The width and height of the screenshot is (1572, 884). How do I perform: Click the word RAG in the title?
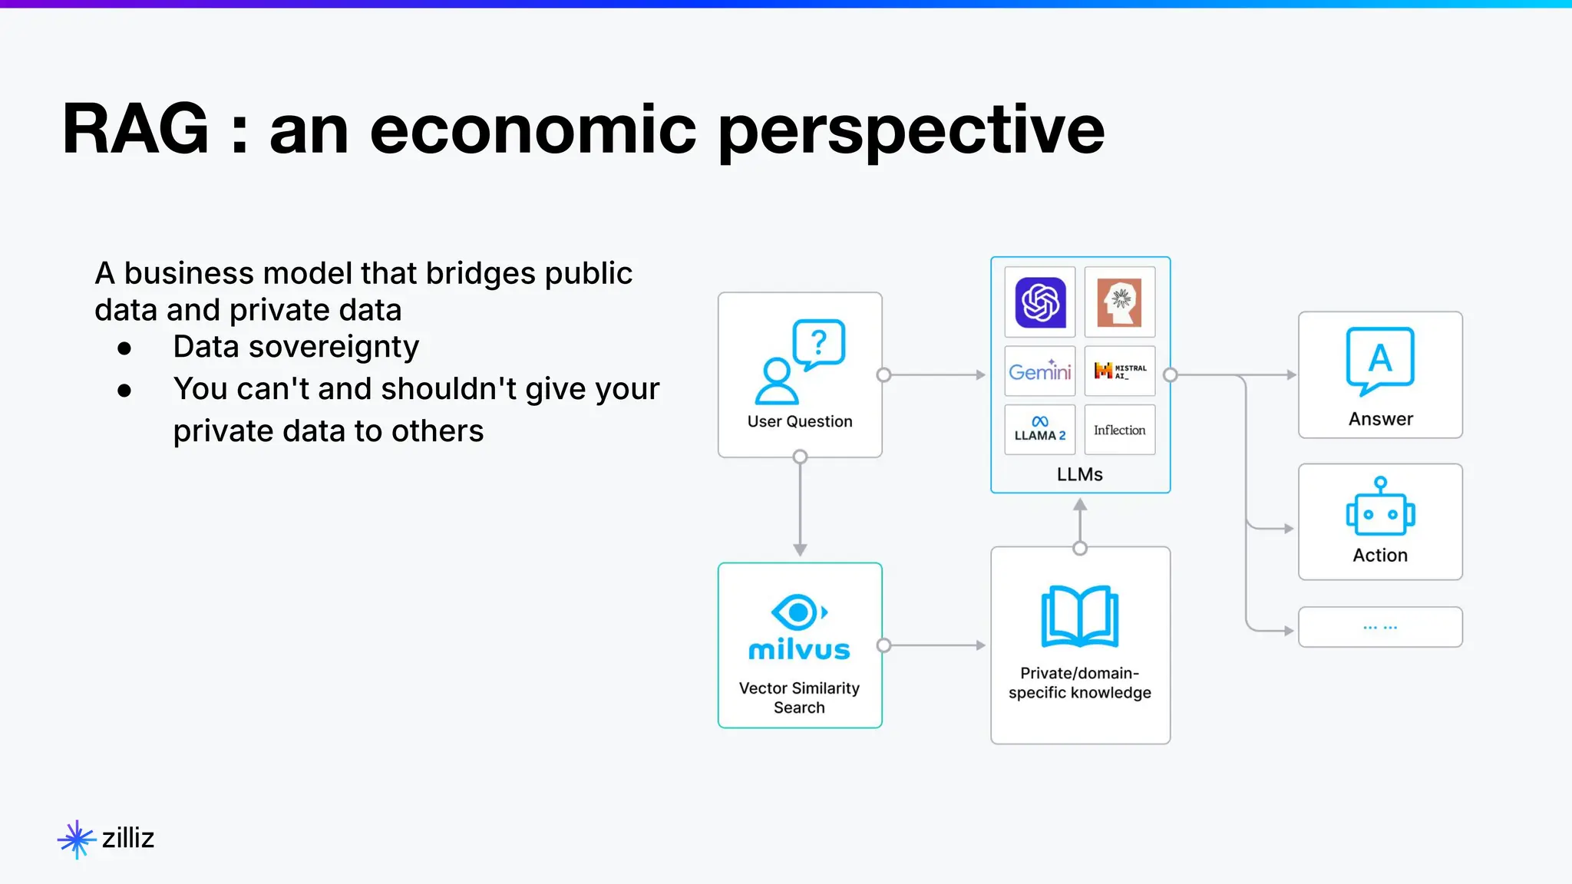click(x=135, y=129)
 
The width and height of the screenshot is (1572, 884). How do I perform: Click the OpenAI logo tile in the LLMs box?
click(x=1040, y=302)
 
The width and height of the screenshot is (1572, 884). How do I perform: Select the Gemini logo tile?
click(x=1040, y=371)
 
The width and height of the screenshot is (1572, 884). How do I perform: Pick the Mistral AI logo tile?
click(x=1120, y=371)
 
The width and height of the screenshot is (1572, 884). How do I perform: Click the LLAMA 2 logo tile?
click(x=1040, y=430)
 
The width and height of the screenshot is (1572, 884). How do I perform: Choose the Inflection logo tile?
click(x=1120, y=430)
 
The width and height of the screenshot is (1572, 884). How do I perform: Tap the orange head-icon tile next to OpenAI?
click(x=1120, y=302)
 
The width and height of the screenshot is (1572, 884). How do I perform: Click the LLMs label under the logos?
click(x=1079, y=474)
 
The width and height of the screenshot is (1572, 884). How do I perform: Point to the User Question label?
click(x=800, y=421)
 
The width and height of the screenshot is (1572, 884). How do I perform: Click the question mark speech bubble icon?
click(x=818, y=343)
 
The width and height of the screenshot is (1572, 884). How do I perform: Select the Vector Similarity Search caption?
click(x=799, y=698)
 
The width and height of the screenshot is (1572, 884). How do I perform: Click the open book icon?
click(x=1079, y=617)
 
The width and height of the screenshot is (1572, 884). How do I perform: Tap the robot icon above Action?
click(x=1380, y=508)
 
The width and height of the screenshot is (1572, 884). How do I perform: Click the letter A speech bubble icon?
click(x=1380, y=359)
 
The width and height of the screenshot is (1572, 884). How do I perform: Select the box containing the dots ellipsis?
click(x=1380, y=627)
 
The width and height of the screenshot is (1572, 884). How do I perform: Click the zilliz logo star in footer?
click(x=76, y=839)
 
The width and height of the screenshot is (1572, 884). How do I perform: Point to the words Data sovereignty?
click(x=296, y=347)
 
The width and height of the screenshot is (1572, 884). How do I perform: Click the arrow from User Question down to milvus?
click(x=800, y=506)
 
